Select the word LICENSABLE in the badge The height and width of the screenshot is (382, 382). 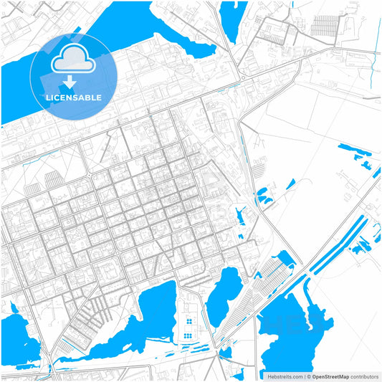coord(74,97)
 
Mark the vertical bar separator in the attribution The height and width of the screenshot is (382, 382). coord(305,376)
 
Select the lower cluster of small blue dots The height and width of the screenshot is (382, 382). coord(187,335)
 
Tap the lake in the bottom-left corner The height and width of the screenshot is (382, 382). coord(18,337)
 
